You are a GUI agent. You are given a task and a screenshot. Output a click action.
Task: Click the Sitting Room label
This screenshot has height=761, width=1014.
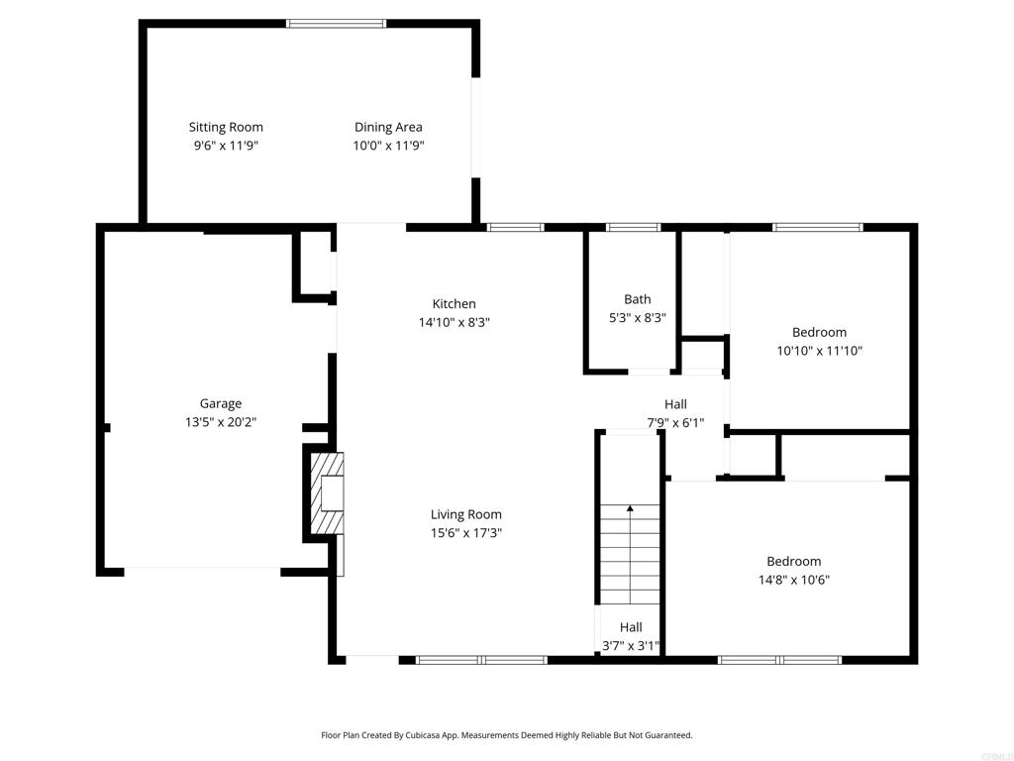(226, 128)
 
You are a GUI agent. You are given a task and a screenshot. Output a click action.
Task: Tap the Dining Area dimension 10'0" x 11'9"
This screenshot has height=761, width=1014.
(388, 146)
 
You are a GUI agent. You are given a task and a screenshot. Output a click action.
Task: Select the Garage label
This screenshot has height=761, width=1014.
(221, 404)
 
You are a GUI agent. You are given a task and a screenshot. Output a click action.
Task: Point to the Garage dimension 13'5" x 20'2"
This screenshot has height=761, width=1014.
(221, 422)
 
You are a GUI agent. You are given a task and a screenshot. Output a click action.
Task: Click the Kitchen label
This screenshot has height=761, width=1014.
(454, 303)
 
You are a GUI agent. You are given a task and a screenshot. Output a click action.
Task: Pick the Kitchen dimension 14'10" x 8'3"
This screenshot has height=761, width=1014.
(454, 322)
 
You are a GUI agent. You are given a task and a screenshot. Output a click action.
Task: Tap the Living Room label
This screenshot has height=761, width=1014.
(466, 514)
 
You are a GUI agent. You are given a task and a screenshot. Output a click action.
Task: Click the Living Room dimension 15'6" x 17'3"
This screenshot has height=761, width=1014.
(466, 533)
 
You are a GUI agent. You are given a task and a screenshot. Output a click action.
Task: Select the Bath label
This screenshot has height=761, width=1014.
(638, 299)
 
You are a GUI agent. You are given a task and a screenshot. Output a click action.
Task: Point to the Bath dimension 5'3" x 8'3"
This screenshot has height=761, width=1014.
(638, 318)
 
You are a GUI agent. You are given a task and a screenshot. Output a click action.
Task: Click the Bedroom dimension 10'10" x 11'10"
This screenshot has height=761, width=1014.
(819, 351)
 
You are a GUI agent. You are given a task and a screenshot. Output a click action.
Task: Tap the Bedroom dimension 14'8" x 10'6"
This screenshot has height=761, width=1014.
(794, 580)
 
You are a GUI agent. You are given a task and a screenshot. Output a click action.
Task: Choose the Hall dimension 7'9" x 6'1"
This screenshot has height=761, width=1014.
(675, 423)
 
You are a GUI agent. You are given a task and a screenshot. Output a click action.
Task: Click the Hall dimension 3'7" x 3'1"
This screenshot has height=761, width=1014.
(631, 646)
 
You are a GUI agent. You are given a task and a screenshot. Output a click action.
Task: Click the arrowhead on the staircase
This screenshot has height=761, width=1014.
(630, 508)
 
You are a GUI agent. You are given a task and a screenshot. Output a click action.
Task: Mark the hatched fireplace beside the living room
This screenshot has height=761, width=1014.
(328, 493)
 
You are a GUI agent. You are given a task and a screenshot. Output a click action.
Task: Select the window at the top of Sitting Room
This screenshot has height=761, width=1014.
(337, 24)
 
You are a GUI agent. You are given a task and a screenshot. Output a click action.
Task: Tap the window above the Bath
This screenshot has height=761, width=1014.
(633, 227)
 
